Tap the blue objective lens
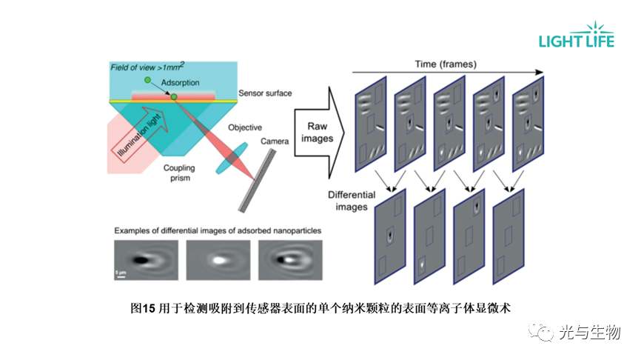tap(232, 158)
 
